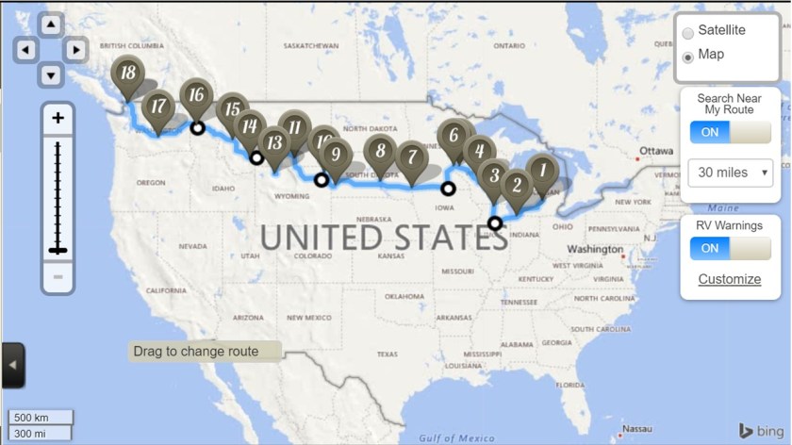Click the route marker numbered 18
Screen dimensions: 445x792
125,74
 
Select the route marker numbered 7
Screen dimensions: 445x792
409,157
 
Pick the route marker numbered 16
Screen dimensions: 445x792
196,95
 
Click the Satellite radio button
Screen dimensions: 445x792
688,32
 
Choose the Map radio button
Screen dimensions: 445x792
688,56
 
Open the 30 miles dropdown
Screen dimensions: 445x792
731,173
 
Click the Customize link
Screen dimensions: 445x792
729,279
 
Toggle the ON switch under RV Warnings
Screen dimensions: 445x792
730,249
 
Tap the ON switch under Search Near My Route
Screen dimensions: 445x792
730,132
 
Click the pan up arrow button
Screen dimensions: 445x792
51,24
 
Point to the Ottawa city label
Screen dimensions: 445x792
656,151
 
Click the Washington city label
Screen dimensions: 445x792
593,250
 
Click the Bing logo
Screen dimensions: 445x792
758,430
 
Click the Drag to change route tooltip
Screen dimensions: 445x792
205,352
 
